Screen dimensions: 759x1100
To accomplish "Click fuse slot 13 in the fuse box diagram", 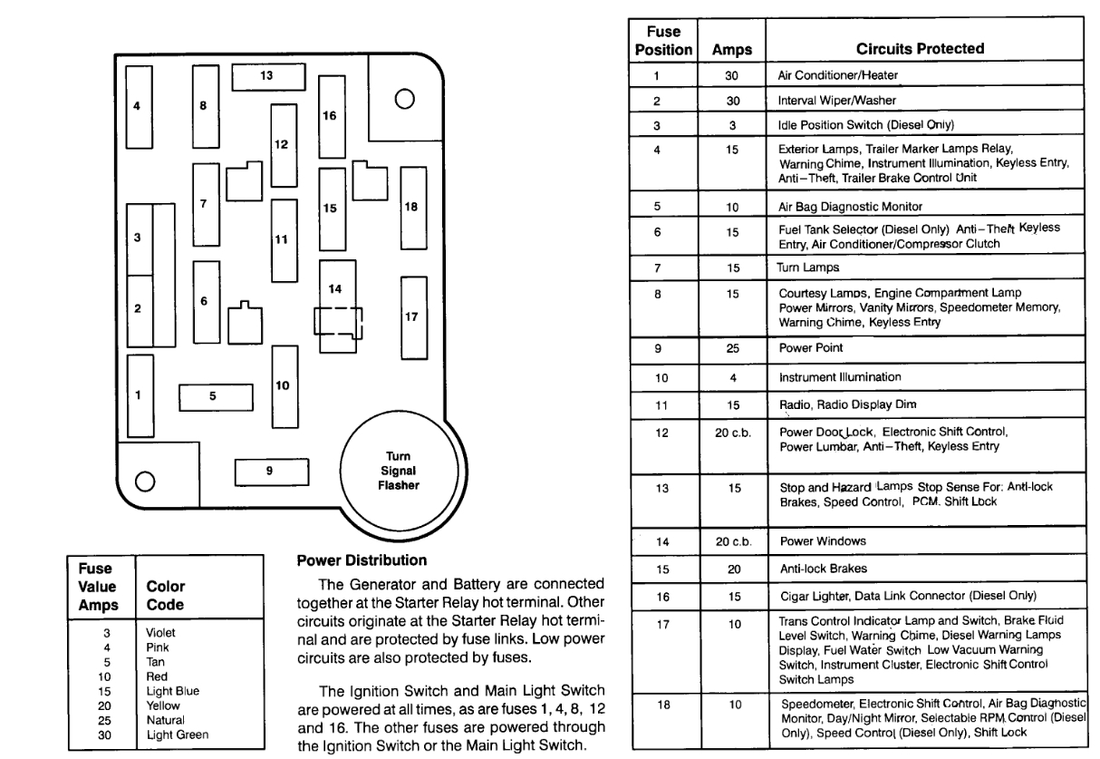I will (266, 77).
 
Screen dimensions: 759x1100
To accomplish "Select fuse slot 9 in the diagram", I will (269, 472).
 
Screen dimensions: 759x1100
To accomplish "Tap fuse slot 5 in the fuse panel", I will (214, 396).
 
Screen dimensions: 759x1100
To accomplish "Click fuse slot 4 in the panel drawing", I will (138, 106).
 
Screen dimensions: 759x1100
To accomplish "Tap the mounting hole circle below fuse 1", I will (144, 481).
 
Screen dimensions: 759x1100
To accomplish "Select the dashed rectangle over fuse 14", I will (338, 323).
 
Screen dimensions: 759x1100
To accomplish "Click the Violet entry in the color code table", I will (159, 631).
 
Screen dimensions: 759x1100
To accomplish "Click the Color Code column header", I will (166, 595).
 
